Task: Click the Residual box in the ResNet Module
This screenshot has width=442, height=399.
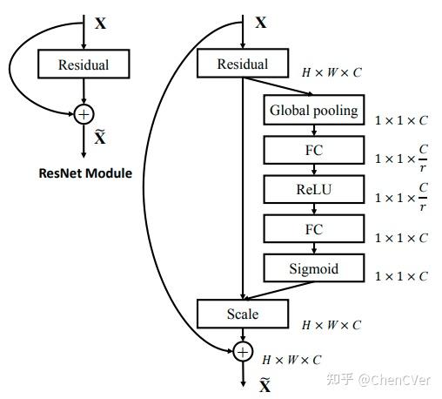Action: click(83, 64)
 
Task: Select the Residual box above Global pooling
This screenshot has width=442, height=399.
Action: click(242, 64)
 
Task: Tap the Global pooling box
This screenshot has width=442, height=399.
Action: click(313, 111)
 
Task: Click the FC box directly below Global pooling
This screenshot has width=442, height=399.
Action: click(313, 151)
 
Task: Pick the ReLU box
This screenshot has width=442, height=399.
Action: click(313, 189)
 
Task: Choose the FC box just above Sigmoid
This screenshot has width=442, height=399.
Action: click(313, 229)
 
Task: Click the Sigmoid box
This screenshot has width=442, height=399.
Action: click(313, 269)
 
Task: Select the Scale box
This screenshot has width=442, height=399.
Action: click(242, 313)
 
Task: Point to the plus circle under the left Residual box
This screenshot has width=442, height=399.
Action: click(84, 113)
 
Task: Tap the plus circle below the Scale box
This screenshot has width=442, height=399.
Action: click(243, 351)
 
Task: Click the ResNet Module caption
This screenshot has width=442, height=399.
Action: click(85, 172)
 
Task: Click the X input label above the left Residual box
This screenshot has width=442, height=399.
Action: click(100, 24)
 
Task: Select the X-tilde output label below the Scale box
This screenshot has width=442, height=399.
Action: click(265, 384)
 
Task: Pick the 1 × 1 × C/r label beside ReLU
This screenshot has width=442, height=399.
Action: click(400, 198)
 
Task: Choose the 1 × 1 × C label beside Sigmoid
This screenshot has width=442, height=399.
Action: click(400, 276)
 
